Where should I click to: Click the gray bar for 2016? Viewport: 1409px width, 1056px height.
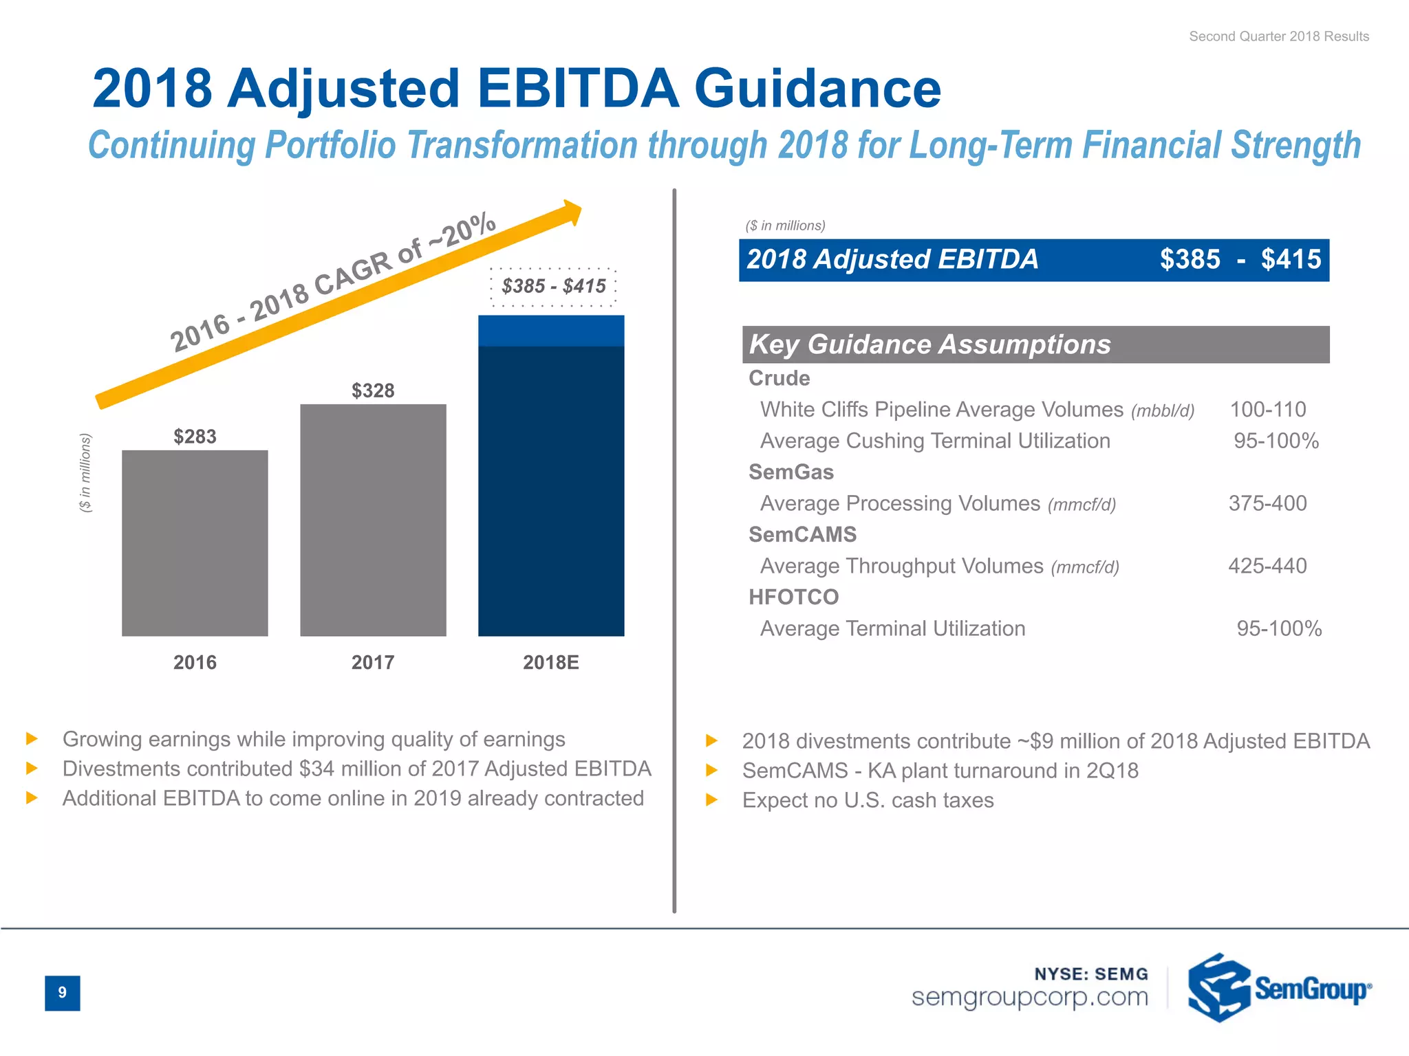point(195,543)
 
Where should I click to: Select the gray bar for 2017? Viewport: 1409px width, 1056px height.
point(373,520)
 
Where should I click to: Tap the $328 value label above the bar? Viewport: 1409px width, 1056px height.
point(373,390)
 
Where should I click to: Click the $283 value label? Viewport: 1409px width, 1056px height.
point(195,437)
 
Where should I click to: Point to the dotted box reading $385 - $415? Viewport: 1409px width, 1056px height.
point(553,286)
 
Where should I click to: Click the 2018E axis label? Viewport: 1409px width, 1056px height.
point(550,662)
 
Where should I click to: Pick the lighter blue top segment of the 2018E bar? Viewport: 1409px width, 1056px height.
point(551,331)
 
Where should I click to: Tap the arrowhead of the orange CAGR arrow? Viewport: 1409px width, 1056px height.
point(570,213)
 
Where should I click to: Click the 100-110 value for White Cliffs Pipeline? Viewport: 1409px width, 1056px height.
point(1267,410)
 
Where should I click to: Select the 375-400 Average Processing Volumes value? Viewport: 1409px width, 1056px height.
point(1267,503)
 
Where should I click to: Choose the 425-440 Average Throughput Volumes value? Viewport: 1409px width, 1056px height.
point(1267,566)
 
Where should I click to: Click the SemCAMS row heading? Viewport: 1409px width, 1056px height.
point(802,534)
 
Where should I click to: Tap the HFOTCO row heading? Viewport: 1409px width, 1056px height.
point(793,597)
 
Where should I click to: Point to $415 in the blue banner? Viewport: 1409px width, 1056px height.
point(1291,260)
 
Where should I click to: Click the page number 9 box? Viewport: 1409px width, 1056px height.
point(63,993)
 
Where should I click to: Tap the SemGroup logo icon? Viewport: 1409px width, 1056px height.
point(1218,988)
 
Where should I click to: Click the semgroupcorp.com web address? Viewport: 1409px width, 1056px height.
point(1030,997)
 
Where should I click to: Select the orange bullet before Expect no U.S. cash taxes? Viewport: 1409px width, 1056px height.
point(712,800)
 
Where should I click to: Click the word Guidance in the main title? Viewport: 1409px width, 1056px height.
point(817,89)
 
